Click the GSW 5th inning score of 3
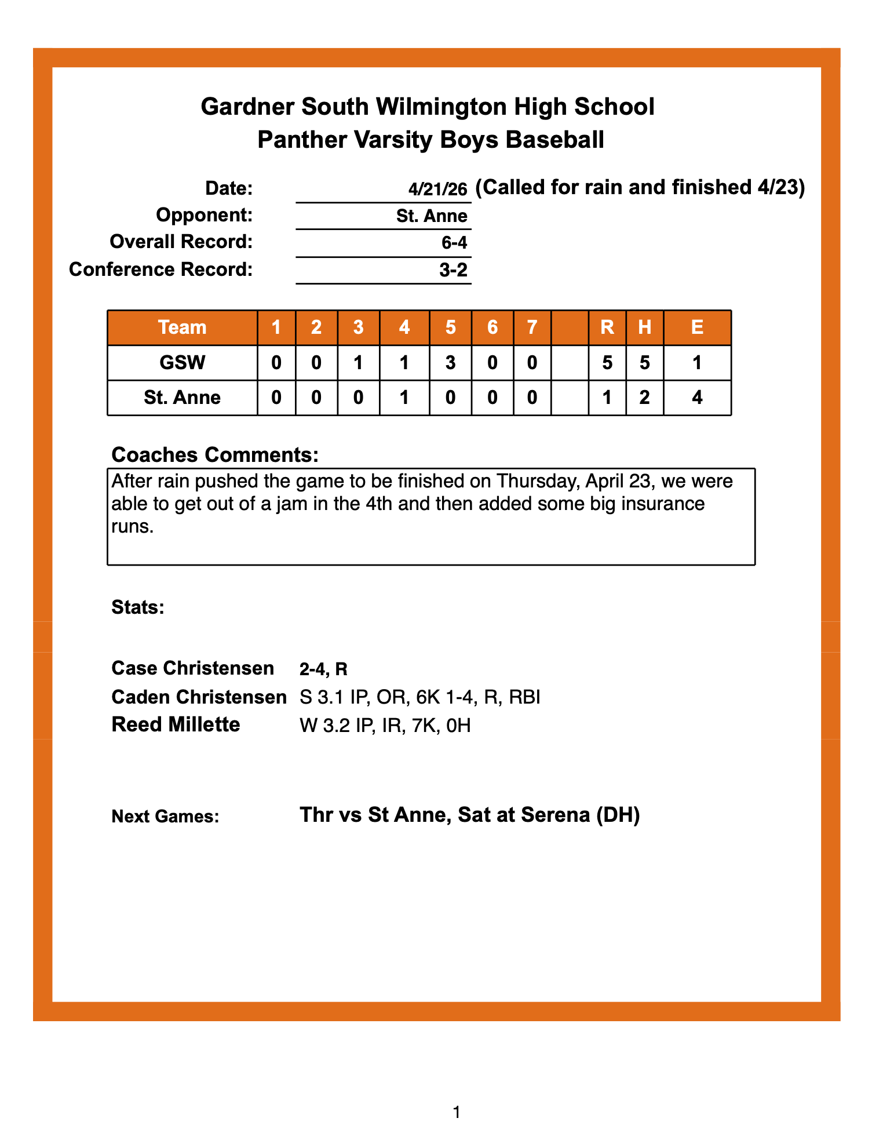coord(450,363)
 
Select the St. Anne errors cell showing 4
coord(697,398)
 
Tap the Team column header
coord(182,327)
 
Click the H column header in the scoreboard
coord(644,327)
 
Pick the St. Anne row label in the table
coord(182,398)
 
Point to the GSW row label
coord(182,363)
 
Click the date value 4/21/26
coord(437,189)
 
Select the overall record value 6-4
coord(454,242)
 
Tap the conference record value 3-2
coord(453,270)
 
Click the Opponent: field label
coord(205,215)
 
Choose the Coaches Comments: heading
coord(215,455)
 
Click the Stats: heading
coord(138,607)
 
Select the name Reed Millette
coord(176,724)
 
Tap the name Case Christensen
coord(192,668)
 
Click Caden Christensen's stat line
coord(420,697)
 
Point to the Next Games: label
coord(165,817)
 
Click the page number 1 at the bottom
coord(457,1112)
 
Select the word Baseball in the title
coord(554,140)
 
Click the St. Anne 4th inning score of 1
coord(404,398)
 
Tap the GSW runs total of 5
coord(607,363)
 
